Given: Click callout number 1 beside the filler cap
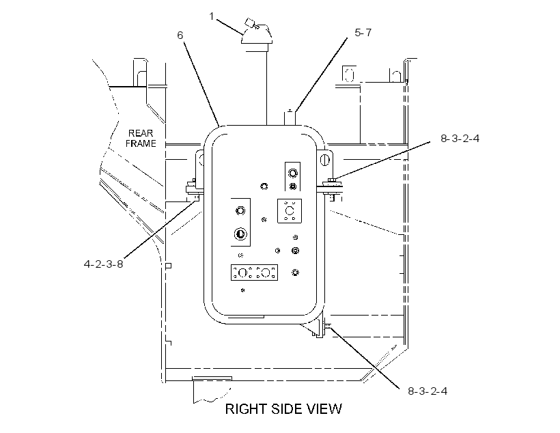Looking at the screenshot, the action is [212, 16].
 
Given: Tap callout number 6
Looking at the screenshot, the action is [180, 35].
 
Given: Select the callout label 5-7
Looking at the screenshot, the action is [363, 33].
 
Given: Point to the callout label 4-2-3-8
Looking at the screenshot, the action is [103, 264].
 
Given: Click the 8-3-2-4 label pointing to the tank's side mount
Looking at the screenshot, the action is [460, 138].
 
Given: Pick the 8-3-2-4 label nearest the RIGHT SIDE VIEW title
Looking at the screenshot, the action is [428, 391].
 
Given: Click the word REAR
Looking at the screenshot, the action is [141, 133].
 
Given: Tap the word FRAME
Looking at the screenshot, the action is [141, 143].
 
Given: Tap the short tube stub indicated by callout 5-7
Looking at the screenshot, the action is [290, 117].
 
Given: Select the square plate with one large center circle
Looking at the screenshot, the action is [290, 211].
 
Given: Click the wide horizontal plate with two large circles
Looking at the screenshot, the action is [254, 273].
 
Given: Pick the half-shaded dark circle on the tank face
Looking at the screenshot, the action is [240, 234].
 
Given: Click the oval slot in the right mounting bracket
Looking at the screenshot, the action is [324, 159].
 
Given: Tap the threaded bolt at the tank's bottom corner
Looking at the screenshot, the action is [327, 325].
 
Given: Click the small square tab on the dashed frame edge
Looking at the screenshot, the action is [169, 266].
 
